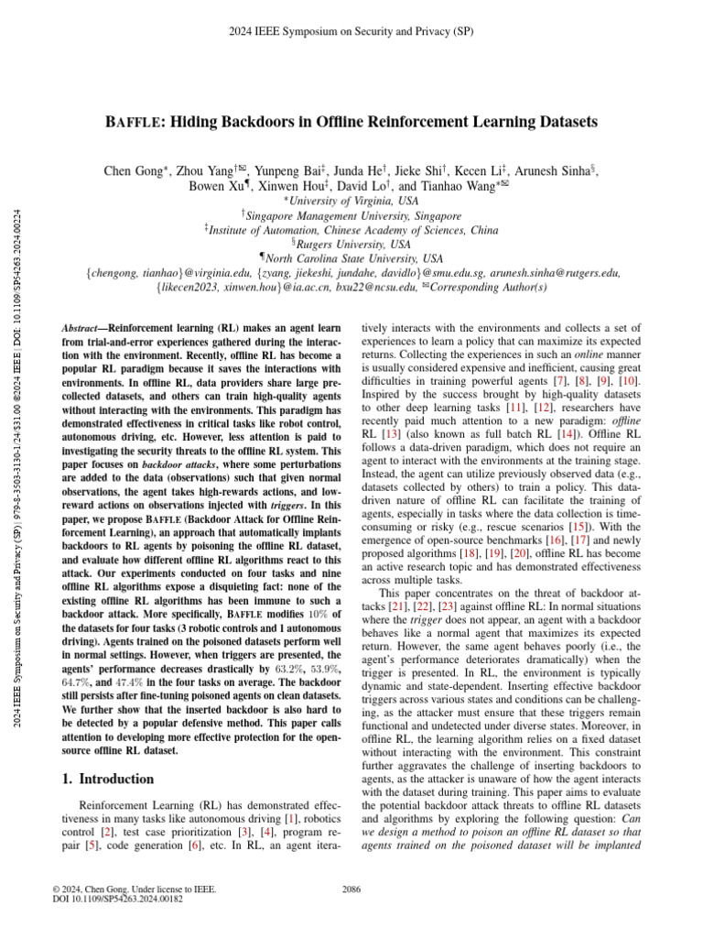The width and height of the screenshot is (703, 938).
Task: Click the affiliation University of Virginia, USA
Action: (x=352, y=200)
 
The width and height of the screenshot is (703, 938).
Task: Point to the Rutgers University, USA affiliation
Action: (x=352, y=245)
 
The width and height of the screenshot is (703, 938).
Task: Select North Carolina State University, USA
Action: (x=352, y=259)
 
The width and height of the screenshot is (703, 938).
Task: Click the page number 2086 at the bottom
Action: (x=351, y=889)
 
